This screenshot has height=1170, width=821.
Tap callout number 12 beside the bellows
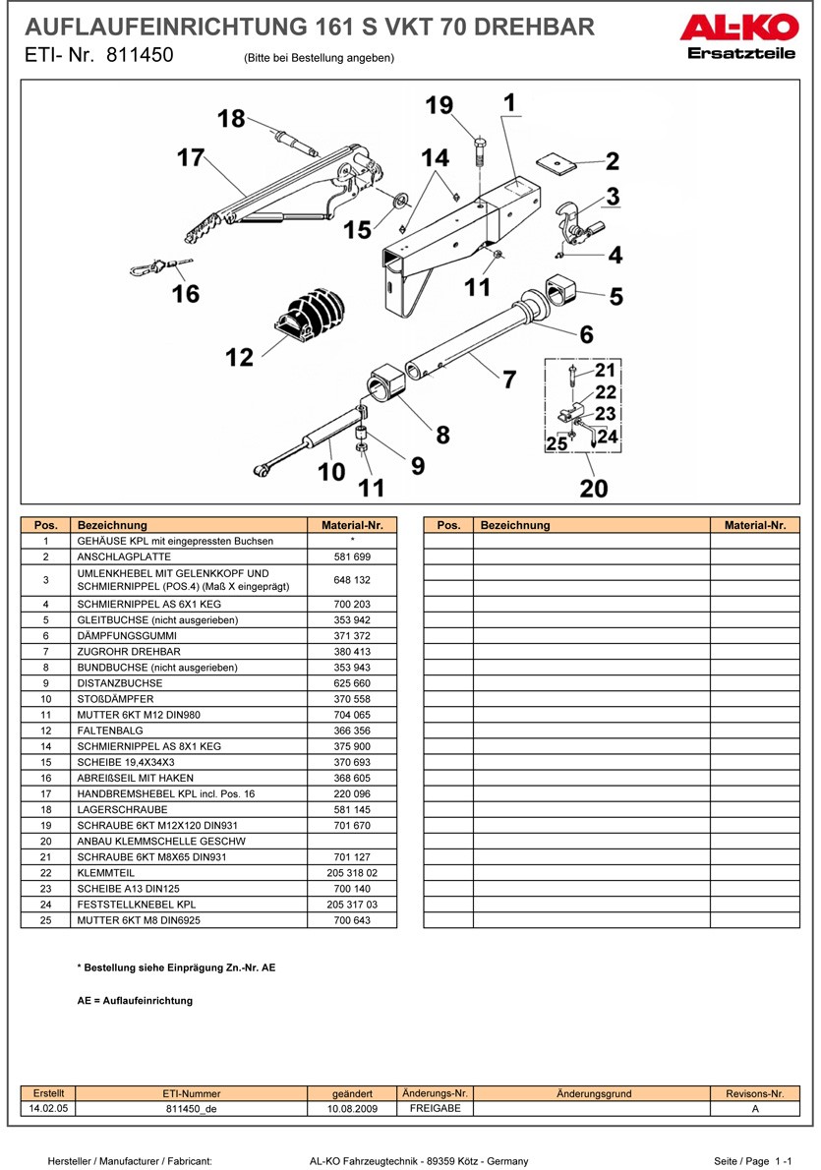239,357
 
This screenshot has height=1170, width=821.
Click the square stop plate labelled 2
557,161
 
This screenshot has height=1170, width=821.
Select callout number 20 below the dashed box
594,487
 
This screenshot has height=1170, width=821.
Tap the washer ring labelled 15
400,202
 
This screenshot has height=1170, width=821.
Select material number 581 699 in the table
352,556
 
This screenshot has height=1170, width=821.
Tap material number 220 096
352,793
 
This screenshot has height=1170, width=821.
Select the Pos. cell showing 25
46,920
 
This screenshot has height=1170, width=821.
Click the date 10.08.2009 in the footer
352,1108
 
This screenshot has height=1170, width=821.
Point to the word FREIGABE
435,1108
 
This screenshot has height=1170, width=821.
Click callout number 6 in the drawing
586,335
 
